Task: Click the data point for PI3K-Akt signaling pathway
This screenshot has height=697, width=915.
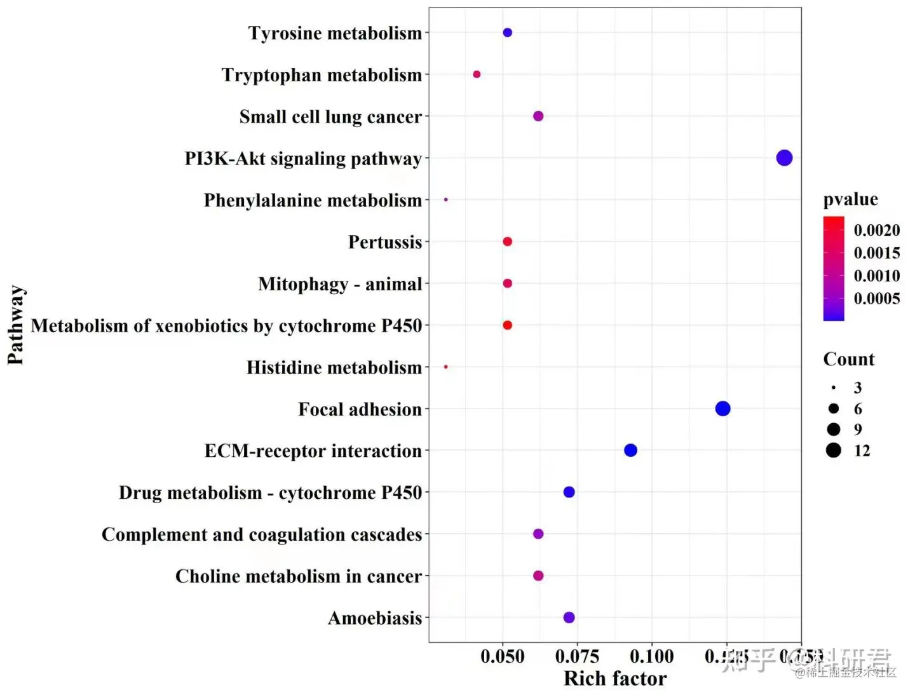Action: [x=784, y=158]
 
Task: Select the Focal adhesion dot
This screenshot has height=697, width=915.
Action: [x=722, y=409]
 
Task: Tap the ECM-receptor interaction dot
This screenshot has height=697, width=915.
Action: [x=630, y=450]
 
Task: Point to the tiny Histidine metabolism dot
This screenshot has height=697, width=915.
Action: [x=446, y=367]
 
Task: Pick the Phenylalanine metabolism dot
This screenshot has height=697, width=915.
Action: [x=446, y=200]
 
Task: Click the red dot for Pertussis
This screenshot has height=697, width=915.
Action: [x=507, y=241]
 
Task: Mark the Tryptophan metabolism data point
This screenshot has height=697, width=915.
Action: [x=477, y=74]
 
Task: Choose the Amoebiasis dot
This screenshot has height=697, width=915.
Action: [x=569, y=617]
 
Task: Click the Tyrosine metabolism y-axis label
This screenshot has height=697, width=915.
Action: [x=335, y=33]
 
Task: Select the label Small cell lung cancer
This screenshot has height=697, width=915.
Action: [x=330, y=117]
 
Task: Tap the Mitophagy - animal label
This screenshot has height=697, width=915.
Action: [x=340, y=284]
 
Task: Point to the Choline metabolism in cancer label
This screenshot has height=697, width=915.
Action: [x=299, y=576]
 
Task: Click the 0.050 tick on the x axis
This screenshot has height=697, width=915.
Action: [x=503, y=656]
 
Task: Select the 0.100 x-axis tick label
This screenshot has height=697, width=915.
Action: [x=652, y=656]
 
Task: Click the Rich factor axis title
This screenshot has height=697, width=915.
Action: [x=615, y=679]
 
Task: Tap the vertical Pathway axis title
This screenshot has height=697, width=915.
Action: [x=15, y=325]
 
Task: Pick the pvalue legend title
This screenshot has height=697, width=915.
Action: [x=850, y=200]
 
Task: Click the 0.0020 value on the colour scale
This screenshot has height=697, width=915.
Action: [x=876, y=230]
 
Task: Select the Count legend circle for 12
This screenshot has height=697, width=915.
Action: [x=834, y=450]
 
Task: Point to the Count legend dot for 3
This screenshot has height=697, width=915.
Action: [x=833, y=388]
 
